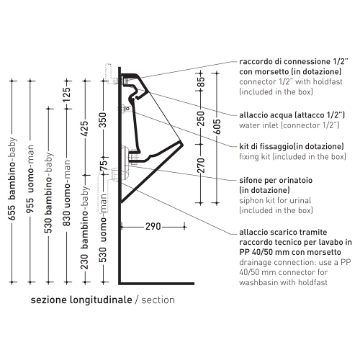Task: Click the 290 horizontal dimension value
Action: (153, 226)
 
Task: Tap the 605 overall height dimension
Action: (217, 127)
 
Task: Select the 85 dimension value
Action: (202, 81)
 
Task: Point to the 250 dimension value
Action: (201, 118)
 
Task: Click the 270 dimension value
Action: (201, 166)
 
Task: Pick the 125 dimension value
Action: (67, 94)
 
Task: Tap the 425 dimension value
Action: (85, 128)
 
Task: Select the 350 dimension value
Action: (102, 120)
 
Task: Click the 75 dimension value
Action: (103, 166)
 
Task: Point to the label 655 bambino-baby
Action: (12, 179)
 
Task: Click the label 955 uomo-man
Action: (30, 179)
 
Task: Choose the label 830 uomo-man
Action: (67, 193)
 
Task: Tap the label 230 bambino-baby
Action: (85, 228)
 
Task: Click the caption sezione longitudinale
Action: (81, 300)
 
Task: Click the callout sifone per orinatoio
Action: (276, 180)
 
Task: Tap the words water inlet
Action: (258, 125)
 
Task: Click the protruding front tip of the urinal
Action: (183, 145)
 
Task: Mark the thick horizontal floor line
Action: (156, 284)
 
